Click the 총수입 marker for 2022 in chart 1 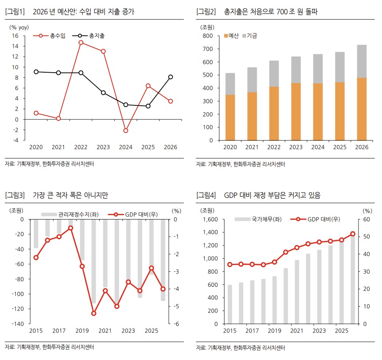[x=81, y=42]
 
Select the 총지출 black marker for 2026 [x=170, y=77]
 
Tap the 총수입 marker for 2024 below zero [x=126, y=131]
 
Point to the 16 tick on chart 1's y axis [x=15, y=36]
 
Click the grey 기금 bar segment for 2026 [x=362, y=61]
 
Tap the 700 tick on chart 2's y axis [x=208, y=49]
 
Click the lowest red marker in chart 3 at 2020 [x=94, y=313]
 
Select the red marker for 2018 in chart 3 [x=71, y=228]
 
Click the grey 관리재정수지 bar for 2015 [x=36, y=233]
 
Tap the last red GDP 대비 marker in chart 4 [x=352, y=234]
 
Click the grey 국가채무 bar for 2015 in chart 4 [x=230, y=304]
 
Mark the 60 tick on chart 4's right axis [x=367, y=220]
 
